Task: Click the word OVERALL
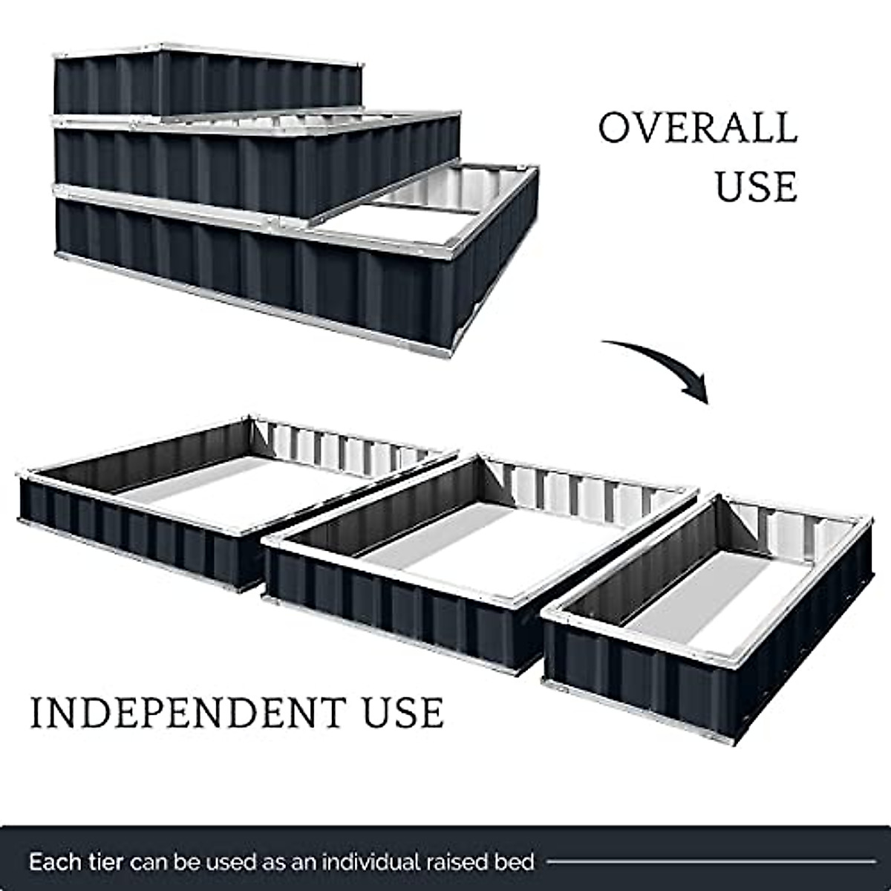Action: tap(697, 128)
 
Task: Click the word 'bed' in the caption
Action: tap(516, 862)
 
